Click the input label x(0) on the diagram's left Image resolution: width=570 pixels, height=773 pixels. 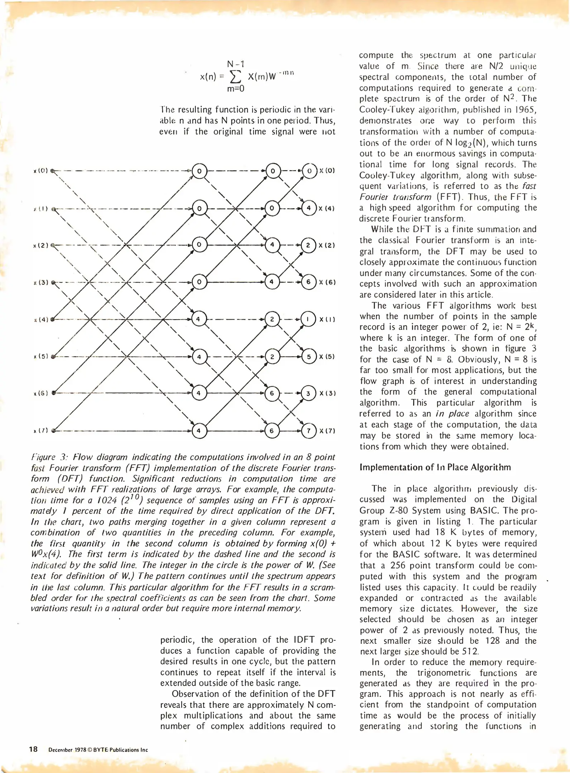pos(41,171)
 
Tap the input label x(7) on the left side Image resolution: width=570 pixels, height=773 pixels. pos(40,431)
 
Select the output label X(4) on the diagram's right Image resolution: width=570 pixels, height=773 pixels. pos(327,208)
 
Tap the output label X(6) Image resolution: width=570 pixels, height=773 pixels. pos(327,282)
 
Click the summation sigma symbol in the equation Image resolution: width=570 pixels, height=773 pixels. pos(235,76)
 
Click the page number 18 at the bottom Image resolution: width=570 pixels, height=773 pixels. pos(33,749)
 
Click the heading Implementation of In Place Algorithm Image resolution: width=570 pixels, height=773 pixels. pos(435,467)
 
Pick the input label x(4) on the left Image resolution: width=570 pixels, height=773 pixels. pos(41,319)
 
